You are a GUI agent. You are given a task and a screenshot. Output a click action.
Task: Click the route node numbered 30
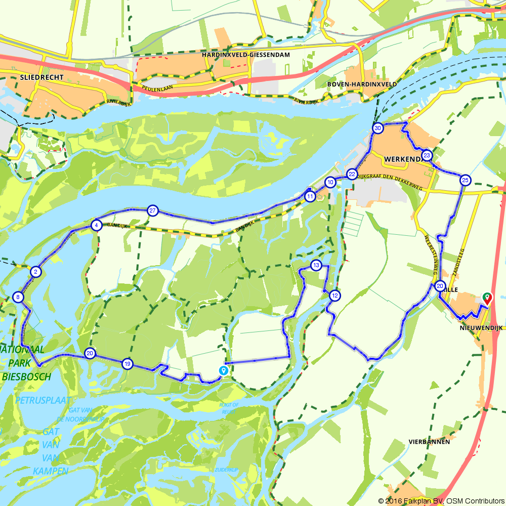point(378,129)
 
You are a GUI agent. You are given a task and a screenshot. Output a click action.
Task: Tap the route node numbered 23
point(427,155)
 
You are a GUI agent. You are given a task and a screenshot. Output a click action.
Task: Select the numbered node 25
point(465,180)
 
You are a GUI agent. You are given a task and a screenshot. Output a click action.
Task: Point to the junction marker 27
point(152,210)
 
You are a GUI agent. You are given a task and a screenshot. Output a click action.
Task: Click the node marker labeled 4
point(96,225)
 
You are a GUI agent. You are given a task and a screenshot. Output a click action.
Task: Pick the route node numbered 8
point(18,297)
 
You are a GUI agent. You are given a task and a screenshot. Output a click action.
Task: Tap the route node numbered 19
point(127,364)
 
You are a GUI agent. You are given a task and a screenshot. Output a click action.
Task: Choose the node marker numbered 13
point(316,265)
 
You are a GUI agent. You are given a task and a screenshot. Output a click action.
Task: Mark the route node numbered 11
point(310,196)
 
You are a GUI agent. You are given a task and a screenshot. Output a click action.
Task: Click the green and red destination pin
point(487,298)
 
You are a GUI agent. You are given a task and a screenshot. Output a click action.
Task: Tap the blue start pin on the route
point(223,371)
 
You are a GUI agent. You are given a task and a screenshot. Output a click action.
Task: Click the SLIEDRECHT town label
point(42,77)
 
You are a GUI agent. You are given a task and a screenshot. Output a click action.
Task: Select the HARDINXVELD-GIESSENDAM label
point(245,54)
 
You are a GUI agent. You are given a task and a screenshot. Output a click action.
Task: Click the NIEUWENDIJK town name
point(481,328)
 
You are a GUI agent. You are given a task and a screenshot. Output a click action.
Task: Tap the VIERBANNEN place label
point(429,442)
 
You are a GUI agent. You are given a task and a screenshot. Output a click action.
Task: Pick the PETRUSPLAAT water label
point(43,400)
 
